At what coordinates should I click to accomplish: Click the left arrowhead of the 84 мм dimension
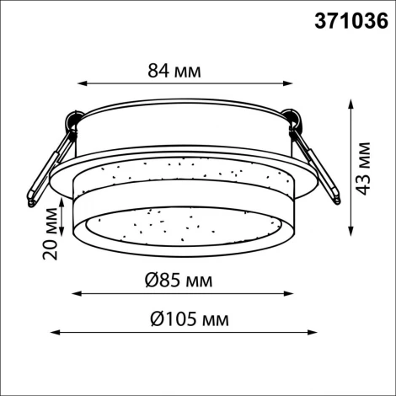tap(82, 83)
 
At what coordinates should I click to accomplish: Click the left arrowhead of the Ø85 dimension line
tap(74, 294)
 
